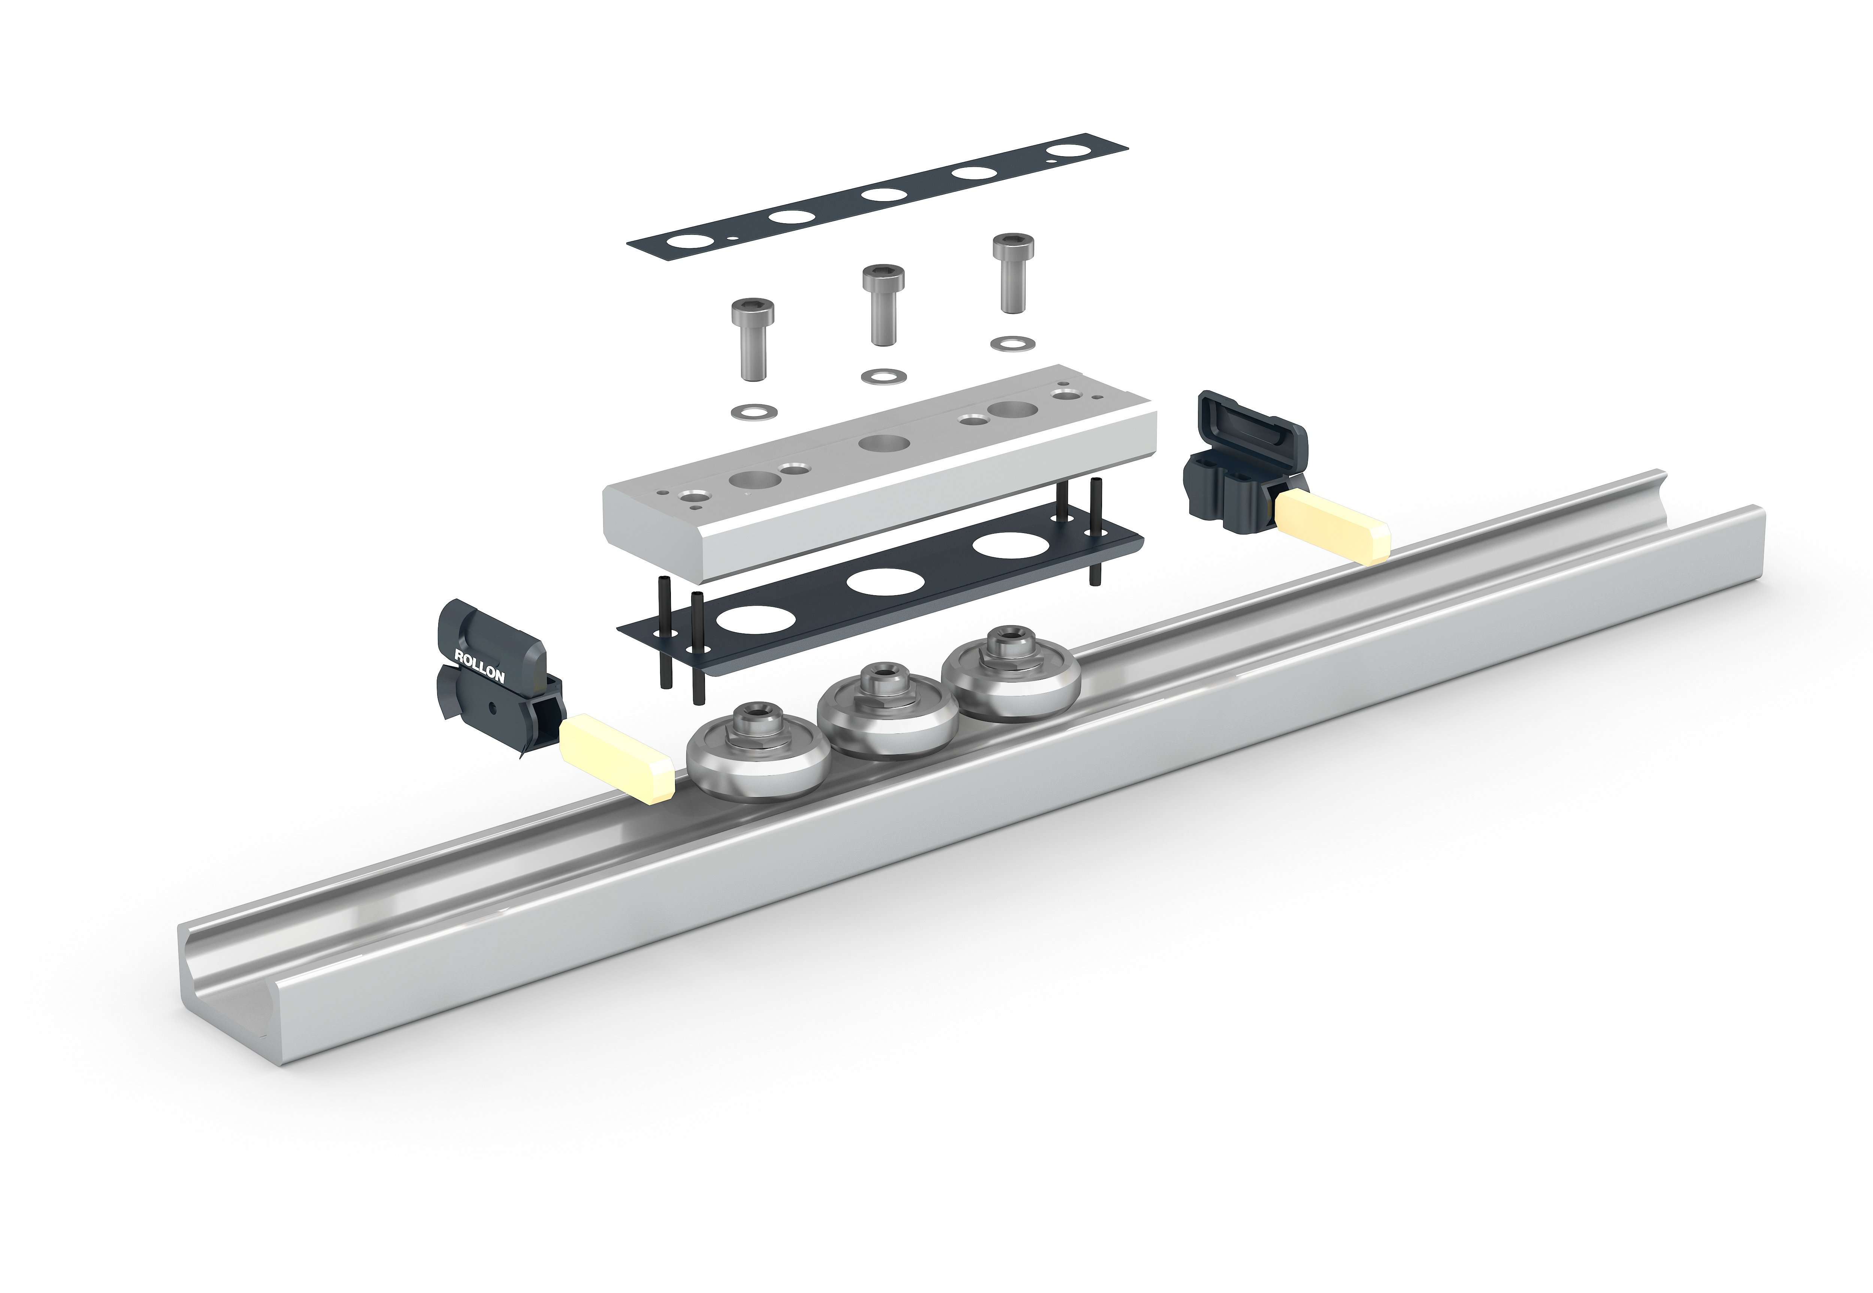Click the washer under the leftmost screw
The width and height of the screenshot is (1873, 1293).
pyautogui.click(x=753, y=412)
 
